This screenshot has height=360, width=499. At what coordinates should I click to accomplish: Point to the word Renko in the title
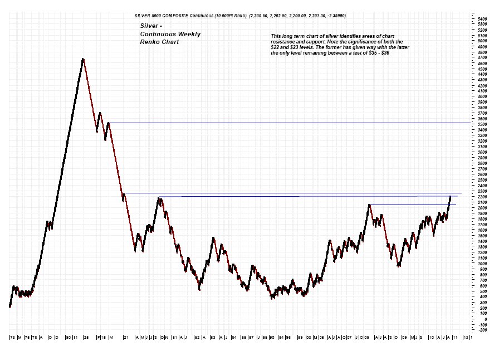click(x=149, y=42)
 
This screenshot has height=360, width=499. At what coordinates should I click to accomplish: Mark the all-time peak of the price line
click(x=83, y=59)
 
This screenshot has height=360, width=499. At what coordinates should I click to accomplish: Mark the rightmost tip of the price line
click(x=450, y=196)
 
